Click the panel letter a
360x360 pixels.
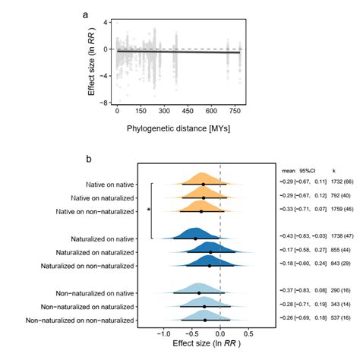(86, 14)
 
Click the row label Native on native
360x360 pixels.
(110, 184)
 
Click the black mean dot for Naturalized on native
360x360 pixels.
(196, 238)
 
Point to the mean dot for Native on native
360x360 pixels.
(204, 184)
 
